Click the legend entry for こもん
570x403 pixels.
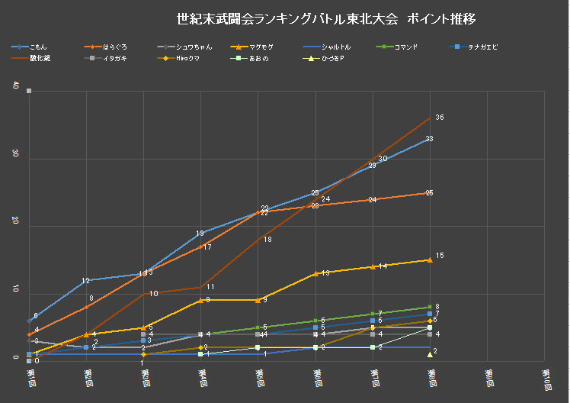coord(38,47)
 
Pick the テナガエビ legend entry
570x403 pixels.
coord(481,47)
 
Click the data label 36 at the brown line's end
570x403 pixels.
coord(440,117)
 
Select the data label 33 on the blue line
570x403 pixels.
coord(430,139)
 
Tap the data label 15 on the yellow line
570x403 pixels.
coord(440,255)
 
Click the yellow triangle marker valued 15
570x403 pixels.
coord(431,260)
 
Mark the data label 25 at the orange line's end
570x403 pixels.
coord(430,193)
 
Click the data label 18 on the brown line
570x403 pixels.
coord(267,240)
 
